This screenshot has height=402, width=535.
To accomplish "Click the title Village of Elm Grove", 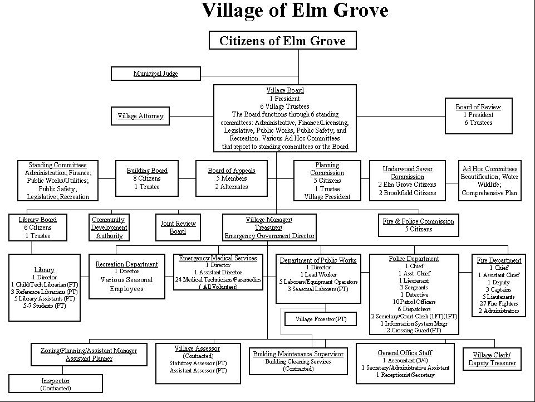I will [x=295, y=11].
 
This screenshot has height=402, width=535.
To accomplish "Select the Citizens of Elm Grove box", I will [x=282, y=41].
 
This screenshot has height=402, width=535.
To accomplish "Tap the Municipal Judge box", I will [x=155, y=74].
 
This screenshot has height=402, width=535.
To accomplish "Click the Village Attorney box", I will [x=140, y=116].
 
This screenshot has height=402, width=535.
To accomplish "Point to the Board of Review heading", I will [x=478, y=107].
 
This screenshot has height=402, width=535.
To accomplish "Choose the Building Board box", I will [x=147, y=178].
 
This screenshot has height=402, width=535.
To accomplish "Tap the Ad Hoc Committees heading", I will [x=490, y=169].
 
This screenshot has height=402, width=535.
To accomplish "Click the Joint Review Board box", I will [x=178, y=227].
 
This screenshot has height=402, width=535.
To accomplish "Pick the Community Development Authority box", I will [x=109, y=227].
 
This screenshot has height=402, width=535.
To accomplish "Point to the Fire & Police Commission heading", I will [x=419, y=221].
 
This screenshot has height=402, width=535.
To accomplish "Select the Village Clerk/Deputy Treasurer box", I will [x=492, y=359].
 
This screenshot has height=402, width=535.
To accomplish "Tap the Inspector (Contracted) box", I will [x=56, y=384].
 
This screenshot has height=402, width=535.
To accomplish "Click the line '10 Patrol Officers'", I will [x=414, y=302].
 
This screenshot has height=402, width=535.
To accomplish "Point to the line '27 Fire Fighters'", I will [x=499, y=304].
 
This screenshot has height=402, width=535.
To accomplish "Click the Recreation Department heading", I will [x=126, y=264].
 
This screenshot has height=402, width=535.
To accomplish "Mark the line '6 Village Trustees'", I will [x=284, y=106].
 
